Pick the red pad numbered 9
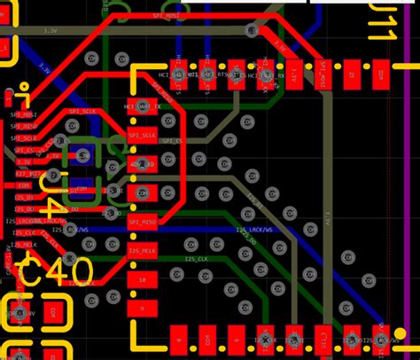(x=142, y=307)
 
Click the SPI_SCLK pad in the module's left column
(x=142, y=135)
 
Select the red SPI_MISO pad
(x=142, y=222)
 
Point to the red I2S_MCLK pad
(x=142, y=250)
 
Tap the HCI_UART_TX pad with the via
(x=142, y=106)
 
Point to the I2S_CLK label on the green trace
(x=197, y=259)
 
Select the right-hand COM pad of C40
(x=51, y=313)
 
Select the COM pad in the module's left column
(x=142, y=192)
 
